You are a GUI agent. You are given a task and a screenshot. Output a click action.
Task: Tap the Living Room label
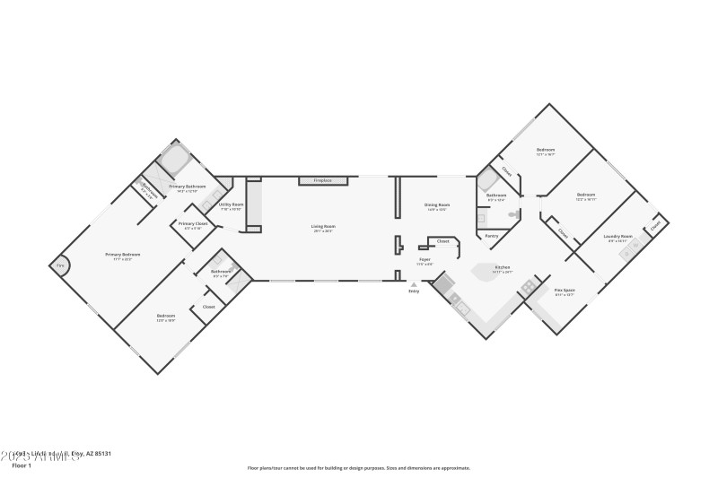click(x=322, y=227)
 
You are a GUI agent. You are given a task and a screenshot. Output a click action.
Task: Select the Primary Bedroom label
click(x=123, y=256)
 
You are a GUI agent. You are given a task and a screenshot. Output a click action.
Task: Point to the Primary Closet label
click(x=193, y=225)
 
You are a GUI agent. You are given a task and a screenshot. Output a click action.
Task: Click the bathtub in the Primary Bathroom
click(x=173, y=162)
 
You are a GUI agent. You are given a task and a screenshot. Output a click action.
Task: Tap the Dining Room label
click(x=437, y=206)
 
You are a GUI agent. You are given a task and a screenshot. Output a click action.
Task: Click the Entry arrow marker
click(x=414, y=284)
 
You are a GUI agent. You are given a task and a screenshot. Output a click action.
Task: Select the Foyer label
click(x=425, y=261)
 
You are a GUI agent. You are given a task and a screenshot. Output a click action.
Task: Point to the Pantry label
click(x=491, y=236)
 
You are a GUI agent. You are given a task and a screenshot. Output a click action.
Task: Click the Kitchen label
click(x=503, y=267)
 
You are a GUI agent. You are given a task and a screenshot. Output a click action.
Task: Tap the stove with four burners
click(x=529, y=286)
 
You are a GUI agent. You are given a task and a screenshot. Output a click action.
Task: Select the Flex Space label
click(x=564, y=291)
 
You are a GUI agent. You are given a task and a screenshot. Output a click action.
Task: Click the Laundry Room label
click(x=619, y=238)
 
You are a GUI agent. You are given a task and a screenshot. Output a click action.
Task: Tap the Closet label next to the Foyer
click(x=442, y=241)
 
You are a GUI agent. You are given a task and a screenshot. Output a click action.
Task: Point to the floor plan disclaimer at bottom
click(x=359, y=467)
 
